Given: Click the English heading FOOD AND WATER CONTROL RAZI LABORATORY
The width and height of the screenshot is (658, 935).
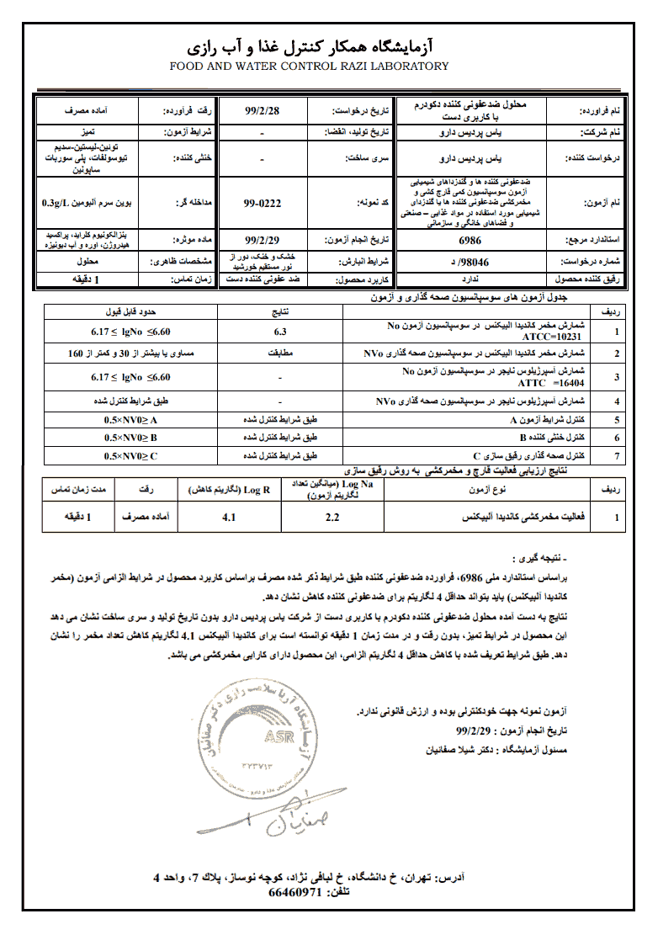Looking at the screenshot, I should pos(310,66).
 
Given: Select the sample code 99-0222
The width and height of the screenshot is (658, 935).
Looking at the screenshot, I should pos(262,203).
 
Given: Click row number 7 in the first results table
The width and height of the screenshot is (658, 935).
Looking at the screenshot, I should pos(617,456).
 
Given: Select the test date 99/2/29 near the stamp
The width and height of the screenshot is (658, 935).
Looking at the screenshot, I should pos(472,732).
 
